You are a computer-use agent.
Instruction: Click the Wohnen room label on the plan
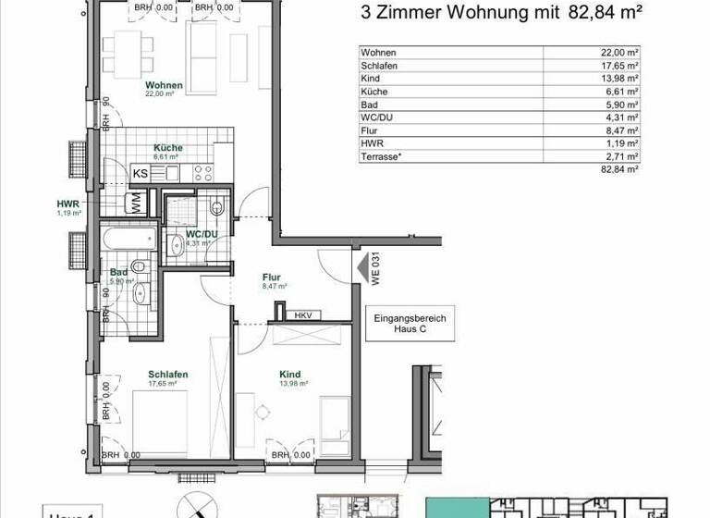coord(164,85)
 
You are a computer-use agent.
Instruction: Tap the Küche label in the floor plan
coord(168,148)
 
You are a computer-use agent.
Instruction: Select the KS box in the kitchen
coord(141,173)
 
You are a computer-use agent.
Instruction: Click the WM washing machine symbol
coord(137,203)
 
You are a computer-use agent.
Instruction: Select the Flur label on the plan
coord(271,277)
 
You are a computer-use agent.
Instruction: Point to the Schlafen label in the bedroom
coord(168,375)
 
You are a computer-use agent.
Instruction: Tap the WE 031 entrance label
coord(377,270)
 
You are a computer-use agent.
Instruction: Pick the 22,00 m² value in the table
coord(619,53)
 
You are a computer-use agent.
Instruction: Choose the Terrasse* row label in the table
coord(382,157)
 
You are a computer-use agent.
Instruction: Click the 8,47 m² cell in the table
coord(619,131)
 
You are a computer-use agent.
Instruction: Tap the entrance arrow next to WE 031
coord(360,269)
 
